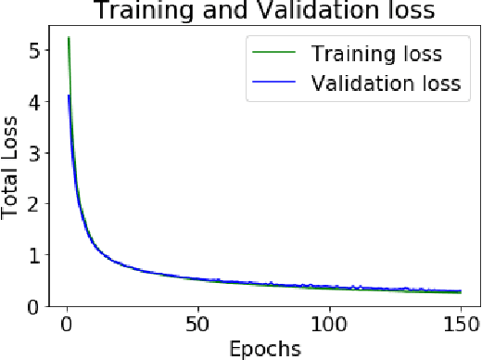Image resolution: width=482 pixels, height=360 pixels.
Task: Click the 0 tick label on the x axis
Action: tap(65, 324)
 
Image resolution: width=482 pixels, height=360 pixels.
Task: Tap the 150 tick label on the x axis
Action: tap(458, 324)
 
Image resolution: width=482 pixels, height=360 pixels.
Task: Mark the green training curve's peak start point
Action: tap(69, 38)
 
